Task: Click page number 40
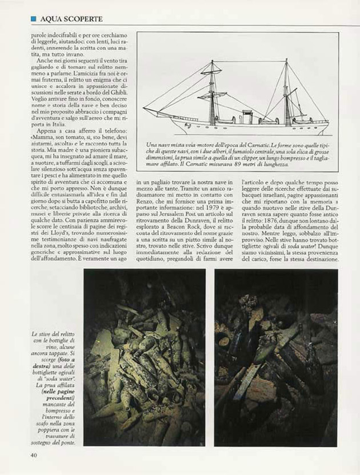tap(34, 455)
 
